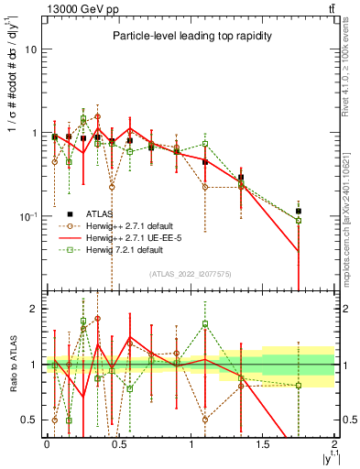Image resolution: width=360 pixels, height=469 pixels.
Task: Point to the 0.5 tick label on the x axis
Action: (118, 444)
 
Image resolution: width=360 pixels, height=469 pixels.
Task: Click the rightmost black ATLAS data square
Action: (299, 212)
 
